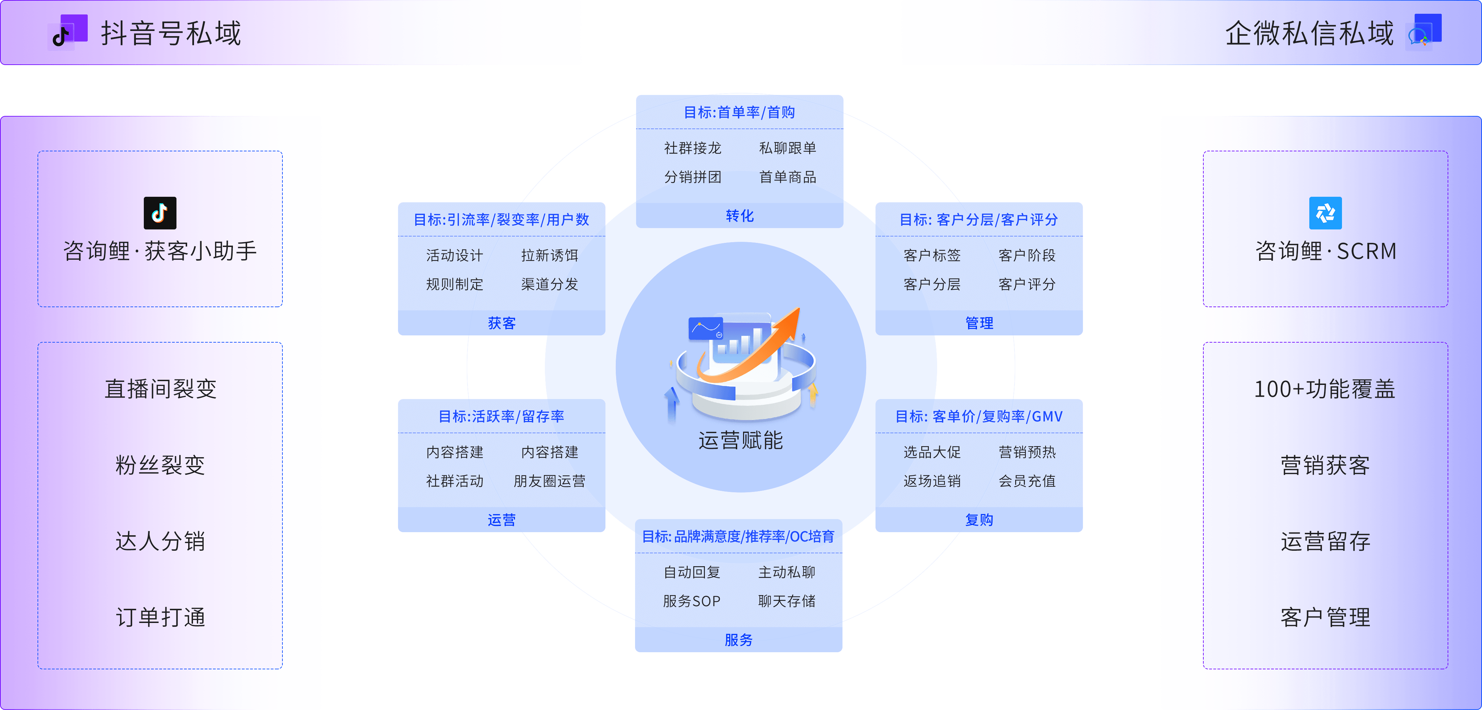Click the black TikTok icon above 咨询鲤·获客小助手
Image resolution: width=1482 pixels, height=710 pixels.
[160, 213]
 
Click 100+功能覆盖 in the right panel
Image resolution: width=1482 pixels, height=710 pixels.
[1324, 389]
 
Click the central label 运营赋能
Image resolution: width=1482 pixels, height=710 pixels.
[740, 440]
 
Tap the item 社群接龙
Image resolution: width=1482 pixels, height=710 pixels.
[693, 149]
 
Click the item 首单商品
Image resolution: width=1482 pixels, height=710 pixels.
[787, 177]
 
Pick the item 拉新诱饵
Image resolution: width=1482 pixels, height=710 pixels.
[549, 256]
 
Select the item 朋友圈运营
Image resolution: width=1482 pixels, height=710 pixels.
[549, 481]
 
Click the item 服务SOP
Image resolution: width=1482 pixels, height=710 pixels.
[691, 601]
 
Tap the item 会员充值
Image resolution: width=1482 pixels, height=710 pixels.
[1027, 481]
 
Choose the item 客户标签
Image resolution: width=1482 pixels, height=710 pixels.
[932, 256]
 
